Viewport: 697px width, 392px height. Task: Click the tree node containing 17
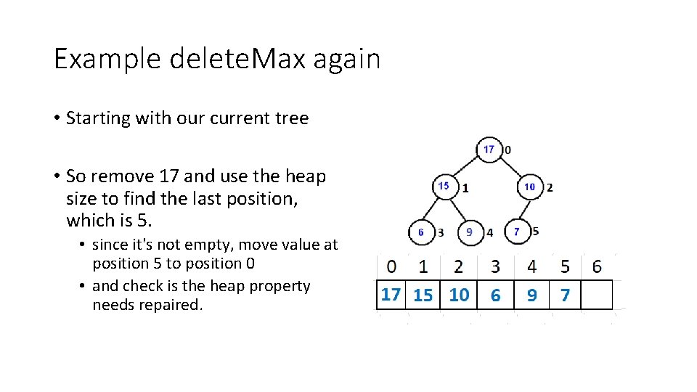coord(489,150)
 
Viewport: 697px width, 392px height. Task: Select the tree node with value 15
coord(444,187)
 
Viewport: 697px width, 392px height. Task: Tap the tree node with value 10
coord(529,187)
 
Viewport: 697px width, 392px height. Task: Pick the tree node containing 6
coord(422,232)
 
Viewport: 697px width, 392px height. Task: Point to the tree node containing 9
coord(470,232)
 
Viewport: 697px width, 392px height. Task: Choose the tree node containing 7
coord(517,232)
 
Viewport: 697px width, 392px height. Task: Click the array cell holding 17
coord(391,295)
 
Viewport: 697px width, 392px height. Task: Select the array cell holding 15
coord(423,295)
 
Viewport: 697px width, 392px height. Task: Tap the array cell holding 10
coord(459,295)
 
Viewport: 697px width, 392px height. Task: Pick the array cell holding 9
coord(532,295)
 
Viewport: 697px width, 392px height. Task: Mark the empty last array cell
coord(597,295)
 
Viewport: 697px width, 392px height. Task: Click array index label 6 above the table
coord(597,266)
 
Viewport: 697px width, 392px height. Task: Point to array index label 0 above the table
coord(391,266)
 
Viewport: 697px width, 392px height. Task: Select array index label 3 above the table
coord(495,266)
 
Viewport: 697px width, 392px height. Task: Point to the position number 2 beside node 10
coord(550,187)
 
